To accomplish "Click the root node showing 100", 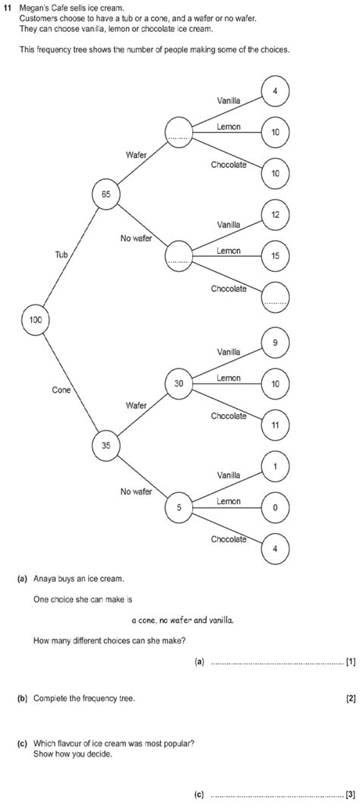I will (36, 320).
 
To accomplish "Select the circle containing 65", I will (106, 194).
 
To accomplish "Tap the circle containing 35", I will (106, 446).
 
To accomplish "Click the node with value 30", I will (178, 384).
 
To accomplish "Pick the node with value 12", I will (275, 215).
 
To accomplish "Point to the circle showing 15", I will (275, 256).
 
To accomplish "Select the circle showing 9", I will (275, 343).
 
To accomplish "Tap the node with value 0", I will (275, 507).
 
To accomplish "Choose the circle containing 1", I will (275, 466).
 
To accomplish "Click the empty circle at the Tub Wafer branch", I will (178, 131).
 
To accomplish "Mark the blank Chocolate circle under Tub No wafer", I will (275, 298).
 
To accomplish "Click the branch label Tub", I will (62, 255).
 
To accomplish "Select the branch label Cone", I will (62, 390).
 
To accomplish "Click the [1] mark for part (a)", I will (350, 662).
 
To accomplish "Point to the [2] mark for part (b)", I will (350, 698).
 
